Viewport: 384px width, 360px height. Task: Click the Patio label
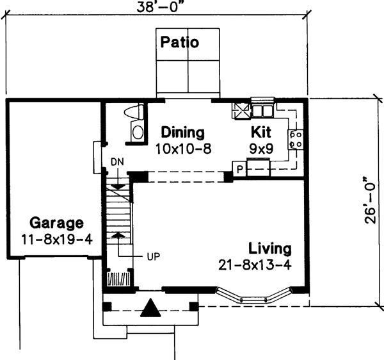point(180,43)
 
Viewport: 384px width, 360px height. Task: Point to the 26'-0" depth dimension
point(369,200)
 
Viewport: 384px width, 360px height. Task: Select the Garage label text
point(56,224)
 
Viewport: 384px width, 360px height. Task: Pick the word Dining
point(182,133)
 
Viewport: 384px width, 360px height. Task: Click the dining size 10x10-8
point(183,149)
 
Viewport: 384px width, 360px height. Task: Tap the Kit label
point(262,133)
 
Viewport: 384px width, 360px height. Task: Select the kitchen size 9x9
point(262,149)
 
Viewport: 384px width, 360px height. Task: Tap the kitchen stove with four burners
point(296,140)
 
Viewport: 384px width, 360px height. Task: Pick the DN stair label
point(117,161)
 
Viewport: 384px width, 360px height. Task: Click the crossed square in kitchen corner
point(240,110)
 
